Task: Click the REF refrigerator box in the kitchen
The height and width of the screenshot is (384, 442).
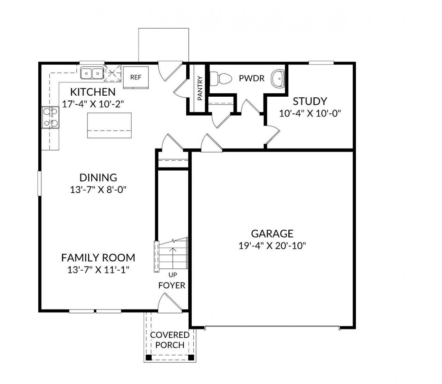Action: [x=136, y=77]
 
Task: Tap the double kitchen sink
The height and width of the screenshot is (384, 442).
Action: [x=92, y=73]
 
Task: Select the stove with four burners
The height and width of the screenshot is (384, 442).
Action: [x=50, y=117]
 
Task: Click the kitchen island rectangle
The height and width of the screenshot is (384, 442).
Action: [x=109, y=125]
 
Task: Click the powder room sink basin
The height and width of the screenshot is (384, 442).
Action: [x=278, y=78]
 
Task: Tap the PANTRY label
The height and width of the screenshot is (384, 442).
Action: [x=200, y=88]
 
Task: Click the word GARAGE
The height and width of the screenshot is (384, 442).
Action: [x=272, y=234]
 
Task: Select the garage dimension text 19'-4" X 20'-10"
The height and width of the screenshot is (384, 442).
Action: [x=272, y=246]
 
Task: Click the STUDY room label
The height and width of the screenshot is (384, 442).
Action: [x=310, y=102]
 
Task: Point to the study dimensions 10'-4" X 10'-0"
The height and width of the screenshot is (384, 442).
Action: [x=310, y=114]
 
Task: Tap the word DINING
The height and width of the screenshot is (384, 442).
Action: [x=98, y=177]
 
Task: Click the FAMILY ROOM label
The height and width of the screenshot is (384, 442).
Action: [x=98, y=258]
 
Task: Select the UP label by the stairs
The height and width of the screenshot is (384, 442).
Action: [x=172, y=275]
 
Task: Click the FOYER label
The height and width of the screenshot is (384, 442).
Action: [x=172, y=286]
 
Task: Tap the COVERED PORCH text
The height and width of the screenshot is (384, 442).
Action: [x=170, y=340]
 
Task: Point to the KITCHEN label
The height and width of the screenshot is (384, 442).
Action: [x=93, y=92]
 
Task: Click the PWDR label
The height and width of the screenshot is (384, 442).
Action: [x=252, y=78]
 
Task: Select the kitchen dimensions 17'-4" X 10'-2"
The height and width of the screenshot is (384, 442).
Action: [x=93, y=104]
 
